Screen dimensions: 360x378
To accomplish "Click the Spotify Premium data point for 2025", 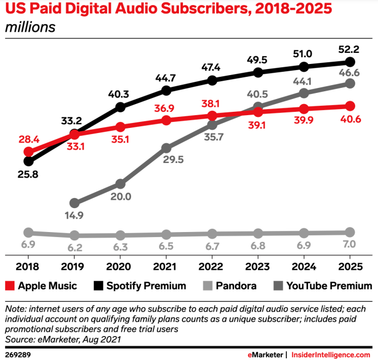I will (x=350, y=62).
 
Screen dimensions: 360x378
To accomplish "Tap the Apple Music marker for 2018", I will (x=28, y=152).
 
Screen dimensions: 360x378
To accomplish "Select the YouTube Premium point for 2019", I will (x=74, y=203).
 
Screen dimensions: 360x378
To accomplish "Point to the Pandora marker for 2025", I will (x=350, y=232).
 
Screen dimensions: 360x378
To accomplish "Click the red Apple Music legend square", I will (x=9, y=286).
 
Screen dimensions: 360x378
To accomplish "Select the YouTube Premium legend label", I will (x=329, y=286).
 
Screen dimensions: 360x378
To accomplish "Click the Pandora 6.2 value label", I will (x=74, y=247).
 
